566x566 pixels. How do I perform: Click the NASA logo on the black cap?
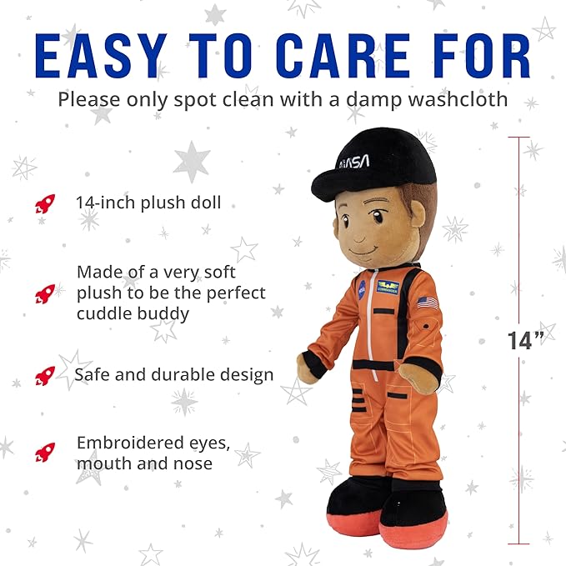pos(354,163)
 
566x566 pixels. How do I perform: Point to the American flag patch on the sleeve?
pos(428,303)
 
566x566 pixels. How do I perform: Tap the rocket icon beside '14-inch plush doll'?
pos(45,203)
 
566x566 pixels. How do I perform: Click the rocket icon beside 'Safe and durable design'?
pos(45,376)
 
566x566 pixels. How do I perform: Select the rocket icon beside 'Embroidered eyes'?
pos(45,453)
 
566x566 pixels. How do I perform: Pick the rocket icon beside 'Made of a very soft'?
pos(45,293)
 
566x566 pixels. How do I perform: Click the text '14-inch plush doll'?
pos(148,203)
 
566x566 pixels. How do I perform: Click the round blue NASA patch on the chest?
pos(362,290)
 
